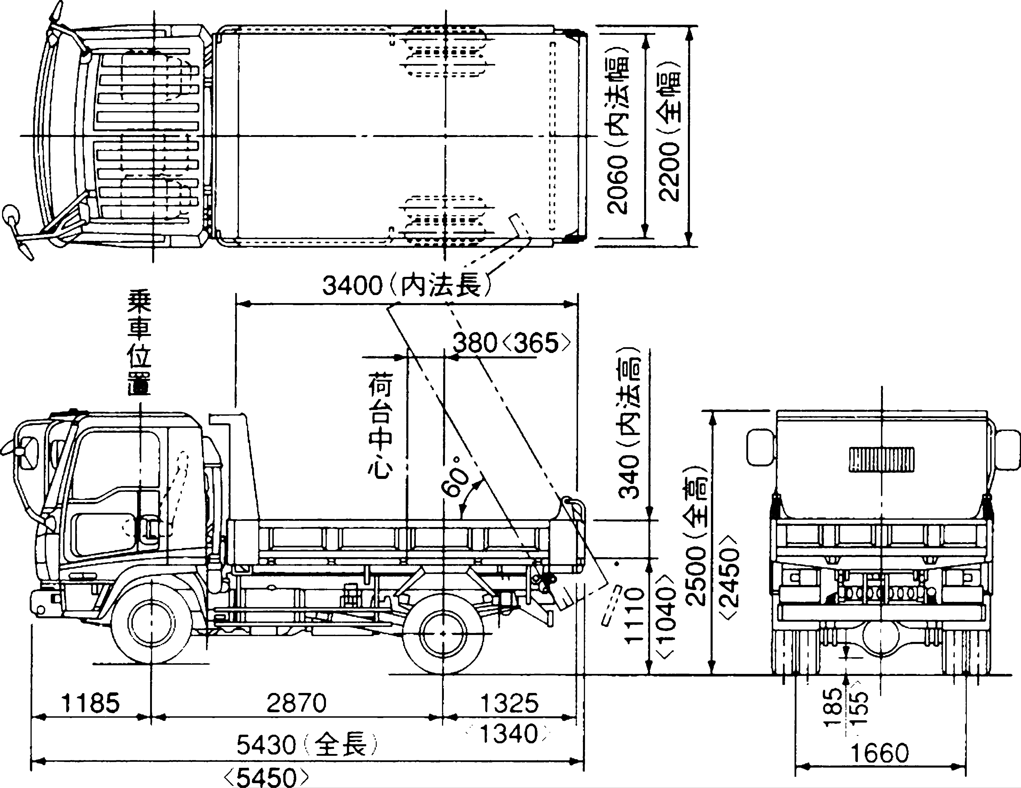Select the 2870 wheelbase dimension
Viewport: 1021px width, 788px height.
296,703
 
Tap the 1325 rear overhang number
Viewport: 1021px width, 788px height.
510,703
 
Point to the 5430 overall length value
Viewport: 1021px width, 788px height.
267,745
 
